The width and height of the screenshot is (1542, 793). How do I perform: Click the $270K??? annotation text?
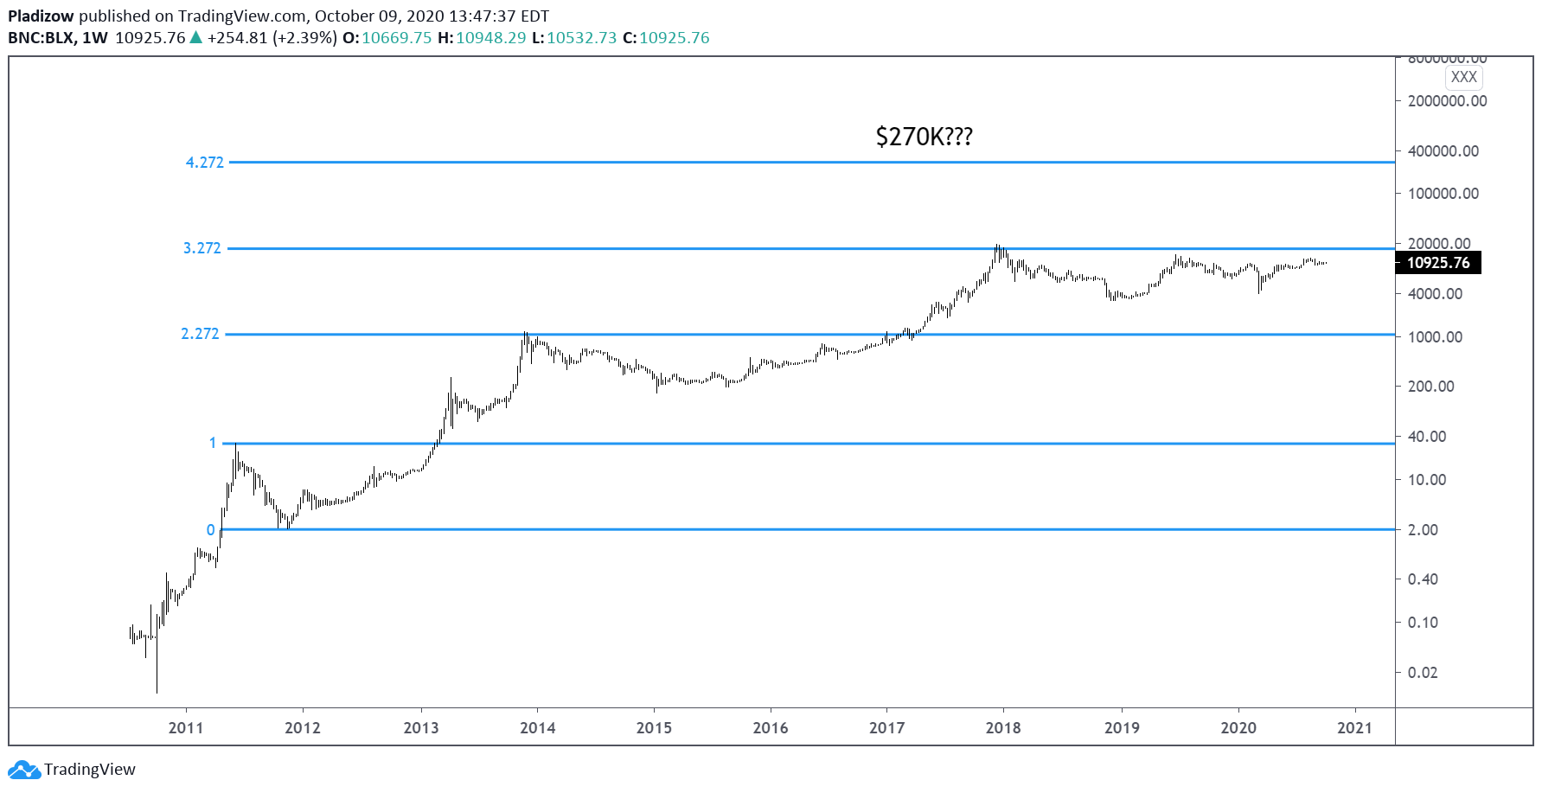[x=924, y=137]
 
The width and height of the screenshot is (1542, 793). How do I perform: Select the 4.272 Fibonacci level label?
[x=204, y=163]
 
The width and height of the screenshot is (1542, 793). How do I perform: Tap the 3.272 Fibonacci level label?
[x=202, y=248]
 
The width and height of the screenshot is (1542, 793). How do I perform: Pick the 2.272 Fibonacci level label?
[x=200, y=334]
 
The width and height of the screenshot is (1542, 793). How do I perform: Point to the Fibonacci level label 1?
[x=213, y=443]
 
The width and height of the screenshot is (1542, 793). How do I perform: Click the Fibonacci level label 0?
[x=210, y=530]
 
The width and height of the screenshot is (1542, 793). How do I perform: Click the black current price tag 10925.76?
[x=1437, y=263]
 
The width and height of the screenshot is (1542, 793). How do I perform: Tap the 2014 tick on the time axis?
[x=537, y=728]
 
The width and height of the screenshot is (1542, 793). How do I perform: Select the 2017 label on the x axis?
[x=886, y=728]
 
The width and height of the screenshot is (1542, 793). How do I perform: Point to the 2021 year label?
[x=1353, y=728]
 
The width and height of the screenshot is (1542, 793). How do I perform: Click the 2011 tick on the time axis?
[x=186, y=728]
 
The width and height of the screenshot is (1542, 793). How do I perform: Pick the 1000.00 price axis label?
[x=1435, y=337]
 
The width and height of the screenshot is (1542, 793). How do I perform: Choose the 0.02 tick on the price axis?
[x=1423, y=673]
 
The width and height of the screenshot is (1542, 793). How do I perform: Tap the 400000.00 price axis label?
[x=1443, y=151]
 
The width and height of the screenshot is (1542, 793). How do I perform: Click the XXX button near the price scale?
[x=1463, y=77]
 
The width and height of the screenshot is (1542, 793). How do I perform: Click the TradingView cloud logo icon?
[x=23, y=769]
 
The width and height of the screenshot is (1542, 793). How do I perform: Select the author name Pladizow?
[x=41, y=16]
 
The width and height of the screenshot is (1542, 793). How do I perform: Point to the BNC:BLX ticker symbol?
[x=42, y=38]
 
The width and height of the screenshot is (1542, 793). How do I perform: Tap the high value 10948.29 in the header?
[x=490, y=38]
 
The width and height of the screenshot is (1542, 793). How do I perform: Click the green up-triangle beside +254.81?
[x=196, y=37]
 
